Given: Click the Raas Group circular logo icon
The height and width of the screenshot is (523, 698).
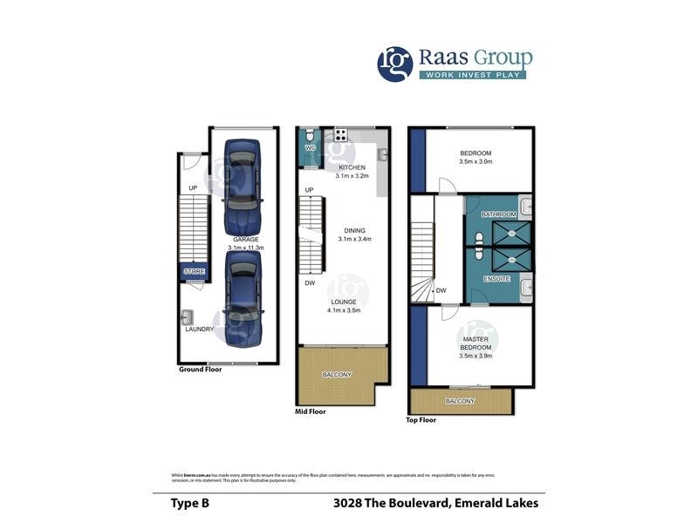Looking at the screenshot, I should tap(394, 64).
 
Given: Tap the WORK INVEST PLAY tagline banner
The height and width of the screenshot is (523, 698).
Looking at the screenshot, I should tap(476, 74).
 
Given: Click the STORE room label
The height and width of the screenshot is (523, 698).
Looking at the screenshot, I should tap(195, 272).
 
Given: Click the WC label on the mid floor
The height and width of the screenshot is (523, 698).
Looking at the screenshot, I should tap(310, 148).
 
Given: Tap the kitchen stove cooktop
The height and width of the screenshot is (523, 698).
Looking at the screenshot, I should tap(340, 135).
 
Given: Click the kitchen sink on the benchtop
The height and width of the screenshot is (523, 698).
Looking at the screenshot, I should tap(382, 154).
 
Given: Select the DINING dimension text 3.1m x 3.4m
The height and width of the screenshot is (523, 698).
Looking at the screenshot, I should tap(354, 240).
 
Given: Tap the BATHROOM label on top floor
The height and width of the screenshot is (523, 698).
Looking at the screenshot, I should tap(499, 214).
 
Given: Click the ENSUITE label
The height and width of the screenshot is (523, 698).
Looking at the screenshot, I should tap(498, 280).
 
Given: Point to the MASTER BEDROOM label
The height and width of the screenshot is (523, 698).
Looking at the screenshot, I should tap(476, 343).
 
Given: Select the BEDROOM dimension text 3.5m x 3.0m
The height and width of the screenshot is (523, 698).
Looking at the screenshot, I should tap(476, 161).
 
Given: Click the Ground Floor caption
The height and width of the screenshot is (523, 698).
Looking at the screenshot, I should tap(200, 370).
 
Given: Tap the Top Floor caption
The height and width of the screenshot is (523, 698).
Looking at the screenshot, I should tap(422, 419).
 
